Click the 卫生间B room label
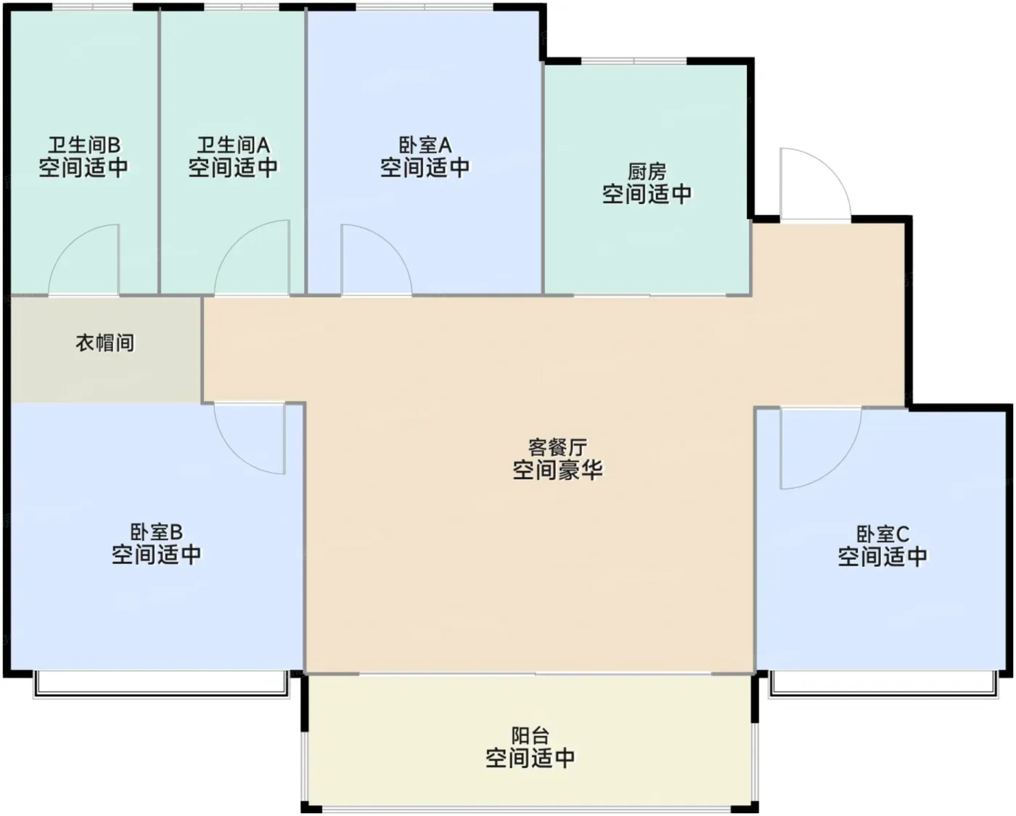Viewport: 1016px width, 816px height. click(x=84, y=144)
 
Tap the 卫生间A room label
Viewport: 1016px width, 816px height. click(x=233, y=144)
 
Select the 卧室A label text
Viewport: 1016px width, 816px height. click(x=425, y=144)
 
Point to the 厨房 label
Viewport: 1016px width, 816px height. click(x=647, y=171)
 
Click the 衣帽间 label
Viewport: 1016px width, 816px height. click(x=105, y=343)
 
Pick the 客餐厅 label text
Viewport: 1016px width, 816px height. click(x=557, y=446)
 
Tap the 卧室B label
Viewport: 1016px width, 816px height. click(x=157, y=532)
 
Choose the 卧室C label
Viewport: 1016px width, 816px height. click(x=882, y=534)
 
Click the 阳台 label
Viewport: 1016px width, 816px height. click(x=530, y=735)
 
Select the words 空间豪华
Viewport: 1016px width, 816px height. click(x=557, y=470)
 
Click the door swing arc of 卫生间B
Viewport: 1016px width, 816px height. click(x=67, y=245)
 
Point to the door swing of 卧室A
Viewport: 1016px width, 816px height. click(x=392, y=245)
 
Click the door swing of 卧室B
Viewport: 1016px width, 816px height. click(x=234, y=453)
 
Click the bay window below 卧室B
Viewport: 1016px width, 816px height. click(x=161, y=685)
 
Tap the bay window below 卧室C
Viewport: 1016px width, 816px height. click(x=883, y=685)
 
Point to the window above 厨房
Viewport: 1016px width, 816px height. click(x=634, y=62)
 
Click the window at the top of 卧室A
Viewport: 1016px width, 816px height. click(x=425, y=7)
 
